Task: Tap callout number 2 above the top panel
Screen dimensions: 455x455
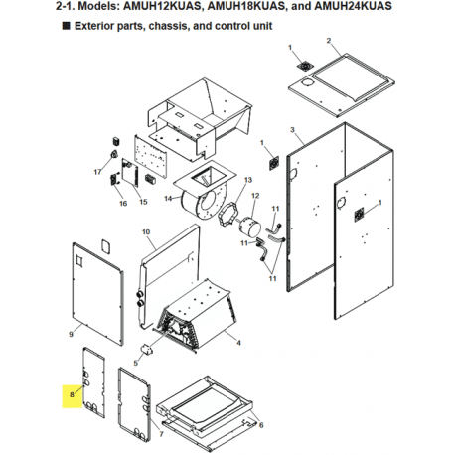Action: [x=327, y=40]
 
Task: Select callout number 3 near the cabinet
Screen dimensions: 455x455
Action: [x=293, y=131]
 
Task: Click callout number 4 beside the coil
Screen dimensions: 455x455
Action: [x=238, y=341]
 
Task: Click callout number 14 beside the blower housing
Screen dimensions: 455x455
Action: [x=167, y=198]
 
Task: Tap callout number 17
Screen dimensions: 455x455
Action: [x=98, y=171]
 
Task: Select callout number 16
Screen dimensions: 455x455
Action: [x=122, y=203]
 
